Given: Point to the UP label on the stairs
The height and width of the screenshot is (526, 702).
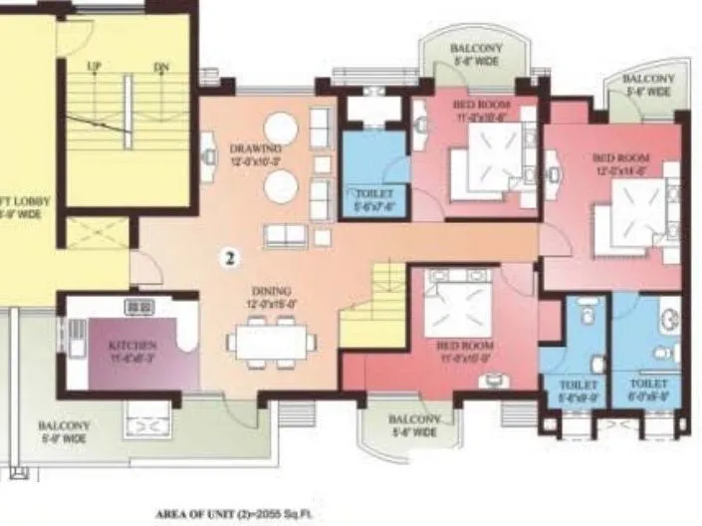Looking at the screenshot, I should click(x=95, y=67).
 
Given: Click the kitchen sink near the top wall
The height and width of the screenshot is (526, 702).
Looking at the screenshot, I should click(x=138, y=307).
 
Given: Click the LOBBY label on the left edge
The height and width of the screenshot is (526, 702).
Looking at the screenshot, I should click(x=20, y=205).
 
